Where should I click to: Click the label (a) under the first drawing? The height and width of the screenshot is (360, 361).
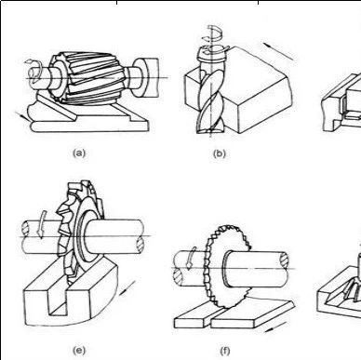[79, 153]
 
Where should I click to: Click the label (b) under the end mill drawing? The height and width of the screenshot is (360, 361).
[220, 153]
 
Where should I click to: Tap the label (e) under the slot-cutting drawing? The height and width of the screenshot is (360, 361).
[79, 351]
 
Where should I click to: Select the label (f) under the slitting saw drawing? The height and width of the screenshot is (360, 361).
[225, 351]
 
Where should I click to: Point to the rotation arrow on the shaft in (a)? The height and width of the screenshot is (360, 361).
[34, 70]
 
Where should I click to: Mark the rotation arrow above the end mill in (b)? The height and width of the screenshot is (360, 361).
[213, 34]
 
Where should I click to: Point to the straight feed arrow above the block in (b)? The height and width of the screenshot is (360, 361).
[278, 51]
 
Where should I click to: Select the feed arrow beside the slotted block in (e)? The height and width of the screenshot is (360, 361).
[127, 287]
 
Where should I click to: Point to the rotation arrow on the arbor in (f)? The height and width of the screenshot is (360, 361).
[190, 258]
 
